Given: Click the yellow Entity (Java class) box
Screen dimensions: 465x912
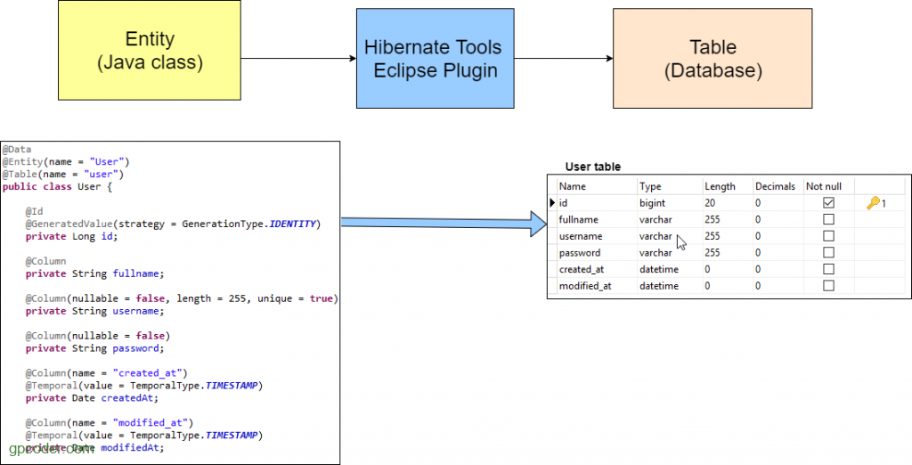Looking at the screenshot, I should (149, 50).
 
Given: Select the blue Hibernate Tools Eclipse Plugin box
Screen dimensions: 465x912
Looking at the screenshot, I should (435, 59).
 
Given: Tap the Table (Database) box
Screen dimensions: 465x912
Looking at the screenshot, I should (712, 59).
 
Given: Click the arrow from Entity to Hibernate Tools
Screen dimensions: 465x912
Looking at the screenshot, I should (297, 59).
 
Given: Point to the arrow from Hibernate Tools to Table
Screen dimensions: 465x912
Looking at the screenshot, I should (563, 59).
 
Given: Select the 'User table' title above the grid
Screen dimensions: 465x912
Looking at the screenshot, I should (593, 167).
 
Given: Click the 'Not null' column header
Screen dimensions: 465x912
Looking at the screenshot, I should (823, 186).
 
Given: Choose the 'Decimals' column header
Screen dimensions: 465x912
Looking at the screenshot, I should (774, 186).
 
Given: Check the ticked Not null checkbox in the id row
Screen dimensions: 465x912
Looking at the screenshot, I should (828, 203).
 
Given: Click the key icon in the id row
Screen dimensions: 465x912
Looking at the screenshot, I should (873, 203).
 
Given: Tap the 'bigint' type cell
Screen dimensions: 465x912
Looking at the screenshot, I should (652, 203).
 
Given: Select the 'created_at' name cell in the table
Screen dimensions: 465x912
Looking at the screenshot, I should (581, 269).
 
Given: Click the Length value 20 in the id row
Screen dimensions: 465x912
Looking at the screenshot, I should (710, 203).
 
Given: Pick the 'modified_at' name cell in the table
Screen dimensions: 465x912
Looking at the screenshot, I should (584, 286).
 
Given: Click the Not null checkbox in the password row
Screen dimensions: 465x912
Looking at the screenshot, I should (828, 253).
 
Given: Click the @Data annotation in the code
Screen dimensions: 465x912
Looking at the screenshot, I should (17, 150).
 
